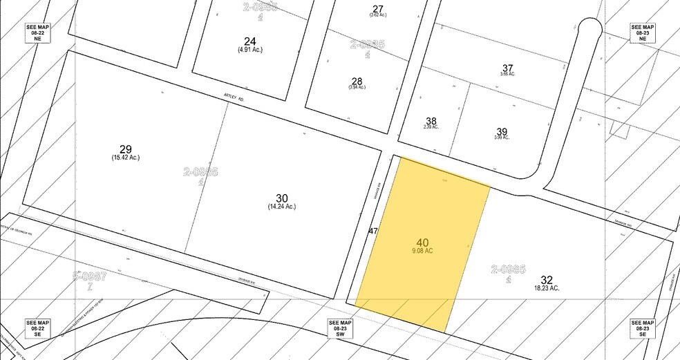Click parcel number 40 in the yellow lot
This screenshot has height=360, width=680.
423,242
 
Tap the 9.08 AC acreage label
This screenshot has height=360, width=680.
423,250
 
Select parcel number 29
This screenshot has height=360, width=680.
125,149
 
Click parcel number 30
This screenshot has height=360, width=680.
281,198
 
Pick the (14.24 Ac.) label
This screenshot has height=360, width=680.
281,207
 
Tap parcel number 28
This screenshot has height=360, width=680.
357,80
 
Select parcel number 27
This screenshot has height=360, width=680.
377,8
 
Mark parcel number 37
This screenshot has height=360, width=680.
508,68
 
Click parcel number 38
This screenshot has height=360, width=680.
431,119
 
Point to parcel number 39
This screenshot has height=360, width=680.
502,131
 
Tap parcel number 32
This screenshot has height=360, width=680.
547,280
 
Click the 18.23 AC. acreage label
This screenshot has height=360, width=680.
547,288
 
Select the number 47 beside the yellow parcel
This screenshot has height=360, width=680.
373,230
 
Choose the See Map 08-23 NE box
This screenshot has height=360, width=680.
642,33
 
